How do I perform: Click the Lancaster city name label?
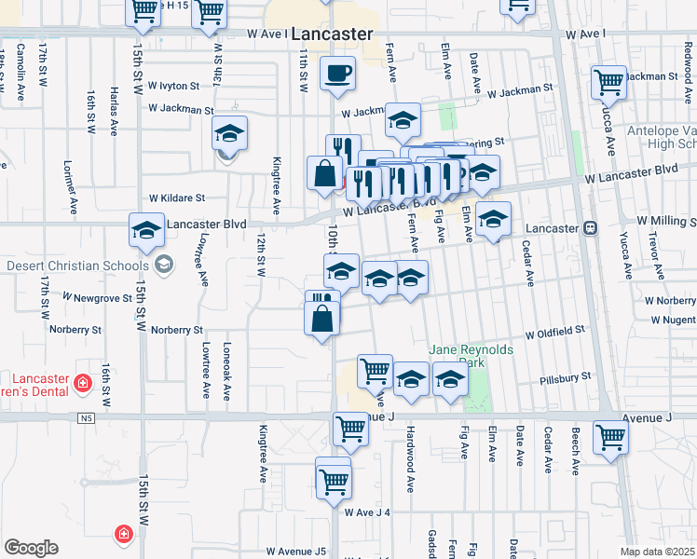pyautogui.click(x=331, y=34)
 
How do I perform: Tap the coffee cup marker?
pyautogui.click(x=337, y=72)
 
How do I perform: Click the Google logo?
pyautogui.click(x=31, y=548)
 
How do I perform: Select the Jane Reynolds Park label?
pyautogui.click(x=471, y=355)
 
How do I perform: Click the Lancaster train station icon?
pyautogui.click(x=590, y=228)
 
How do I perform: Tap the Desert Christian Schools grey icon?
pyautogui.click(x=165, y=266)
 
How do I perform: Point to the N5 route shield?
pyautogui.click(x=87, y=417)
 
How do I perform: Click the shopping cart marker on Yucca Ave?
pyautogui.click(x=608, y=81)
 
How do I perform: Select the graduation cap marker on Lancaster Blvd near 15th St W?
pyautogui.click(x=146, y=230)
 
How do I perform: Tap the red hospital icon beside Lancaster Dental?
pyautogui.click(x=83, y=383)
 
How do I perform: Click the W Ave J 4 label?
pyautogui.click(x=366, y=512)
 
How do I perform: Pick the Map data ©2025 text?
pyautogui.click(x=657, y=552)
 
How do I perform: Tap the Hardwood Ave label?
pyautogui.click(x=410, y=459)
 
